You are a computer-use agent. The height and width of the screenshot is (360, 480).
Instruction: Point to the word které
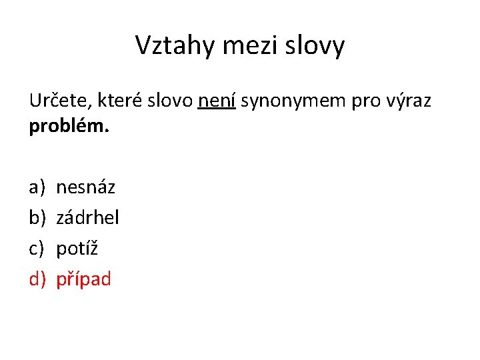pyautogui.click(x=121, y=101)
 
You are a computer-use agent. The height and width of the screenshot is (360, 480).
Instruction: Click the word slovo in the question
pyautogui.click(x=172, y=101)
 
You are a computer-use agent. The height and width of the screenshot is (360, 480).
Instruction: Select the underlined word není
pyautogui.click(x=217, y=101)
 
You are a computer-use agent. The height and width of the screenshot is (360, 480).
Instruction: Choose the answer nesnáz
pyautogui.click(x=85, y=187)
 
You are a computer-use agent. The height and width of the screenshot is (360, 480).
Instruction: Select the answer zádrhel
pyautogui.click(x=87, y=217)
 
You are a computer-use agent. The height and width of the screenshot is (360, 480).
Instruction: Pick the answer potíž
pyautogui.click(x=77, y=248)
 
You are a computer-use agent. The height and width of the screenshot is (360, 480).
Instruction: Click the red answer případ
pyautogui.click(x=83, y=279)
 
